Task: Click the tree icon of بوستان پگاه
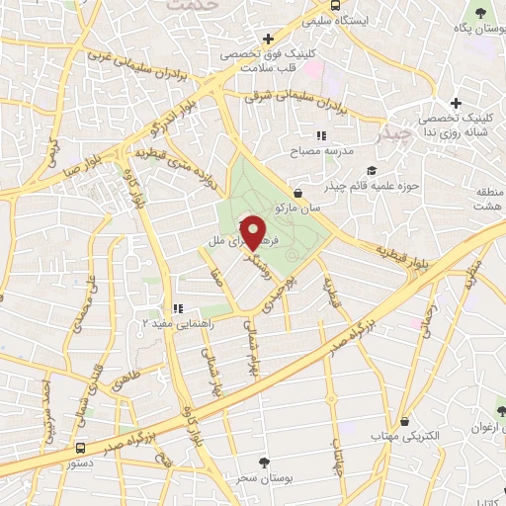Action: [481, 12]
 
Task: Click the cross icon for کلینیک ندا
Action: [456, 103]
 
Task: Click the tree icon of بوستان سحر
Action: [263, 462]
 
